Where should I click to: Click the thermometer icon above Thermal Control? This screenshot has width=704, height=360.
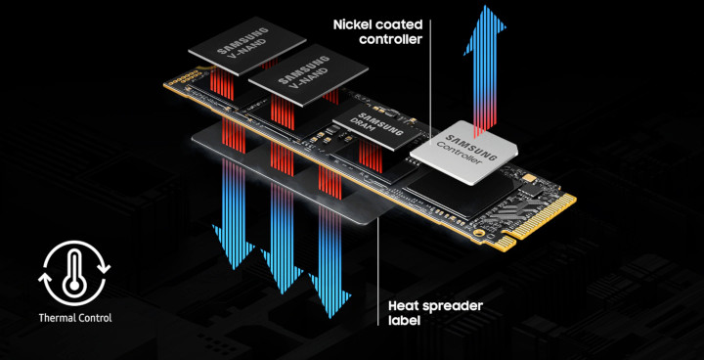point(74,273)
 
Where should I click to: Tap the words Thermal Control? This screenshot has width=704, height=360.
point(75,318)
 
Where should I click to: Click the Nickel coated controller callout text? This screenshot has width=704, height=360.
point(377,31)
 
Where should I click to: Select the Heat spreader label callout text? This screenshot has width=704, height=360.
point(435,313)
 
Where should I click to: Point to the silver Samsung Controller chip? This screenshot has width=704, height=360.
point(464,153)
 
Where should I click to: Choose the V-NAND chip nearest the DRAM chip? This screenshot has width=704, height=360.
point(308,74)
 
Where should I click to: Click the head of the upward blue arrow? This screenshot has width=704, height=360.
point(485,28)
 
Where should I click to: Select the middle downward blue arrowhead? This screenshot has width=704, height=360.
point(283,271)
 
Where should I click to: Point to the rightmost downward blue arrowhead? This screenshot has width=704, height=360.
point(330,293)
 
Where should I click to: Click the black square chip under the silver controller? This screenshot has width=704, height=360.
point(464,194)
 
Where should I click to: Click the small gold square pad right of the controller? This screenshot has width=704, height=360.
point(533,179)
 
